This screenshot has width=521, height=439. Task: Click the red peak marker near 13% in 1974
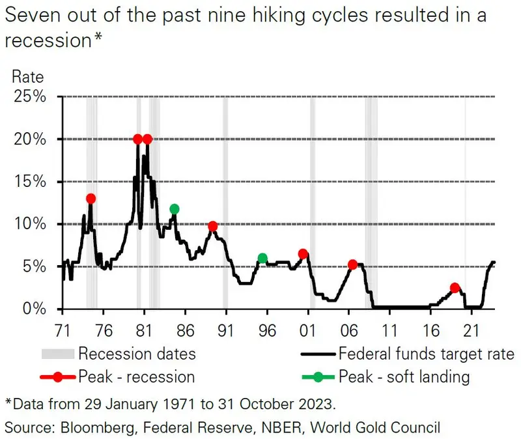click(x=91, y=199)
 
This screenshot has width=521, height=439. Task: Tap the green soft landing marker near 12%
click(x=174, y=209)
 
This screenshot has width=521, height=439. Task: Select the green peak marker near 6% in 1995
click(x=262, y=259)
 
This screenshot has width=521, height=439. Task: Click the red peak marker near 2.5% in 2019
click(x=455, y=288)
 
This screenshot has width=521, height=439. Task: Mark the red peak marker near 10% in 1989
click(x=212, y=226)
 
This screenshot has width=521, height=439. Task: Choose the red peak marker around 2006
click(x=352, y=264)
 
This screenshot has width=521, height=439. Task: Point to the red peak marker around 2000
click(x=303, y=254)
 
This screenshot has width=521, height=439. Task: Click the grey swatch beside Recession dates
click(x=58, y=355)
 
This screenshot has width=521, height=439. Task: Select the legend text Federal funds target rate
click(x=427, y=355)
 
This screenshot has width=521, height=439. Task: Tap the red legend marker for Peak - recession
click(x=58, y=376)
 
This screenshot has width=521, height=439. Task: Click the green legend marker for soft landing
click(x=318, y=376)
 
